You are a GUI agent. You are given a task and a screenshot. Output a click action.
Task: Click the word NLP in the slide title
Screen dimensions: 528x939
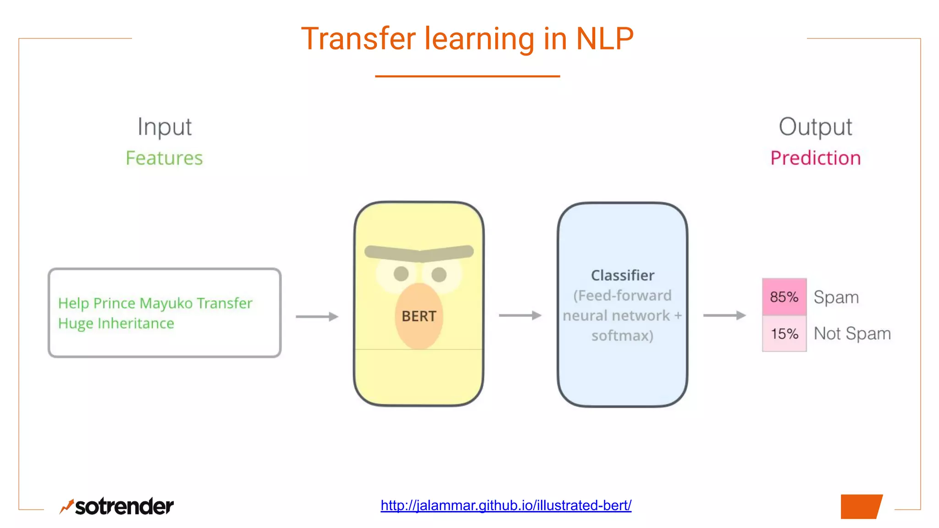(604, 38)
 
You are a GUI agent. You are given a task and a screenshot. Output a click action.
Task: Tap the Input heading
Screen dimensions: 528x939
(165, 127)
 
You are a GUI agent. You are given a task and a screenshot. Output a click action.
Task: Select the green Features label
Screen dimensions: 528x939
(164, 158)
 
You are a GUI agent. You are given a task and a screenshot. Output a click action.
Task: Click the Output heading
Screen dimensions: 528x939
(815, 127)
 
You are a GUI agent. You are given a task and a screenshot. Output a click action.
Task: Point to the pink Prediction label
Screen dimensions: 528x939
(815, 158)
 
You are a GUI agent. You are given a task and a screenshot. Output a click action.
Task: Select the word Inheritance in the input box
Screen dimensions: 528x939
(136, 324)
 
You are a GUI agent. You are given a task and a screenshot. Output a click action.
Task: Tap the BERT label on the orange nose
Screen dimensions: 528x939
(419, 316)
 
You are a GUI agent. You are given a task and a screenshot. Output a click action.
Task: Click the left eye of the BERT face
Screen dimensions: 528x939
(401, 274)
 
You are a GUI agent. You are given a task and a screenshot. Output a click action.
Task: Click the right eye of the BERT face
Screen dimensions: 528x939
(439, 274)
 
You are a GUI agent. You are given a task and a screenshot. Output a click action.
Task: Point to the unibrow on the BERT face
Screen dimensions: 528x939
(419, 253)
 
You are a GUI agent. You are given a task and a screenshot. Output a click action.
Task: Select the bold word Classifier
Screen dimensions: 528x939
(622, 275)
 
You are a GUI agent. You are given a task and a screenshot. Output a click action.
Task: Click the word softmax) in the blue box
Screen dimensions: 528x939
(622, 335)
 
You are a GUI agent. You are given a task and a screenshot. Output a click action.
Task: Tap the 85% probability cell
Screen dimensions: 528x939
(784, 297)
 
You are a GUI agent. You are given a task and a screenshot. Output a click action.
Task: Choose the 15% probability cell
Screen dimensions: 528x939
(784, 334)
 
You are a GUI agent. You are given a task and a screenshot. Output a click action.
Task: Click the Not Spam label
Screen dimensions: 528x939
(852, 334)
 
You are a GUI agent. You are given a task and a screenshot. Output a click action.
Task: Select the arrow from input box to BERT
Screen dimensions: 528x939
(317, 316)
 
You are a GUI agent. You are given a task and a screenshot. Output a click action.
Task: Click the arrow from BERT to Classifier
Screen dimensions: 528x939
(520, 315)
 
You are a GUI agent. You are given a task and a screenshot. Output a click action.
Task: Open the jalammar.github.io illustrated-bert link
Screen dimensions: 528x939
(506, 505)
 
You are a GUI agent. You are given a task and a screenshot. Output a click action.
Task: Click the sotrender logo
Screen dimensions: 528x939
(117, 506)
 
